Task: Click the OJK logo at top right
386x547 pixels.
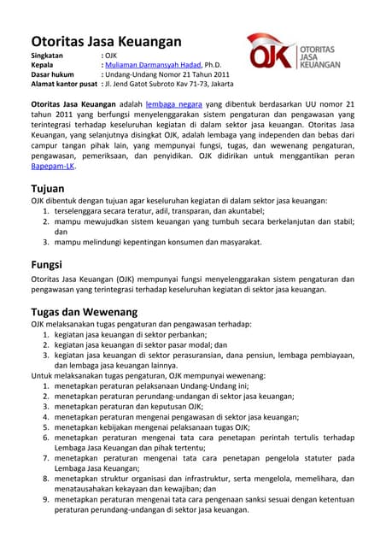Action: pos(294,52)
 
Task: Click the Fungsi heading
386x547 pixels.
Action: pos(50,264)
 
